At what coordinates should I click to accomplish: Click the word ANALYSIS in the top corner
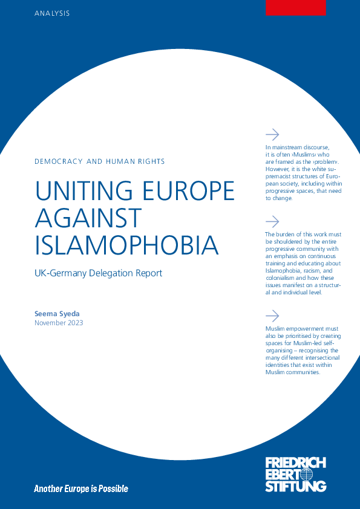pos(51,13)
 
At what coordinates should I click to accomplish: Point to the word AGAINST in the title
pos(88,218)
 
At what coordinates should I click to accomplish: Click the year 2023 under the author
pos(75,323)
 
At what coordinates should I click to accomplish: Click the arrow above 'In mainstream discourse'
pos(272,134)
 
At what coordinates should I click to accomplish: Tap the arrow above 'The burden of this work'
pos(272,221)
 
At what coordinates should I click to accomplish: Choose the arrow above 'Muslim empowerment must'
pos(272,316)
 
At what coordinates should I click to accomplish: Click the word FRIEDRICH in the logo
pos(295,463)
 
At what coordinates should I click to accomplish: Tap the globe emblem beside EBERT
pos(316,475)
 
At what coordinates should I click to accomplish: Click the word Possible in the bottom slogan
pos(113,488)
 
